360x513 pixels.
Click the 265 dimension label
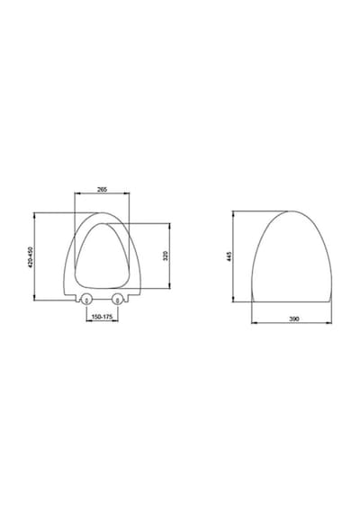click(103, 189)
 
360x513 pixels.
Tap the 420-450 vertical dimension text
click(31, 257)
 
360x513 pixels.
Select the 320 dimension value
click(166, 256)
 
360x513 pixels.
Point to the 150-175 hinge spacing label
click(102, 317)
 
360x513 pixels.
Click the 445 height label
click(229, 256)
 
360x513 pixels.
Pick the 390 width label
click(294, 319)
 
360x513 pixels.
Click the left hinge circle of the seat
click(86, 299)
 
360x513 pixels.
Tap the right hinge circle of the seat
click(117, 299)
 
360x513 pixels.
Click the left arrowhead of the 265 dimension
click(76, 193)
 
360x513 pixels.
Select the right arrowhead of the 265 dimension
click(127, 193)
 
